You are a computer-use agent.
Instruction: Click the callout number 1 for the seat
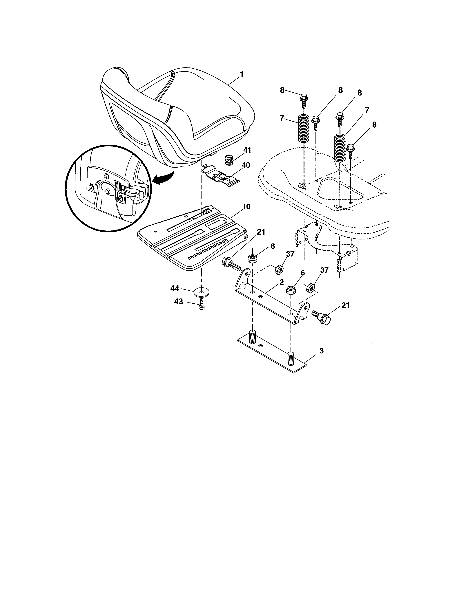pos(242,74)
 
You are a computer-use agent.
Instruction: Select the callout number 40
pos(246,165)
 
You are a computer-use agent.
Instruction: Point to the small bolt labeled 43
pos(202,304)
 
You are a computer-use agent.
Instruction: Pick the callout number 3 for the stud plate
pos(321,351)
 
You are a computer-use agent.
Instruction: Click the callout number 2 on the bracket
pos(281,282)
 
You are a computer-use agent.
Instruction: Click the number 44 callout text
pos(175,289)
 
